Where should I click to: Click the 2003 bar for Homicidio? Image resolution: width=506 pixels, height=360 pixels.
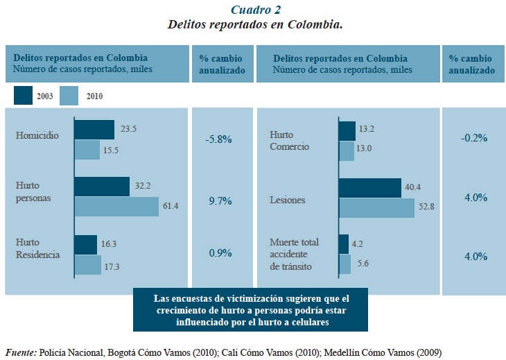(x=94, y=130)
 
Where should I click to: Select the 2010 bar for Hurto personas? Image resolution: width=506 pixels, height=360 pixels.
(x=116, y=207)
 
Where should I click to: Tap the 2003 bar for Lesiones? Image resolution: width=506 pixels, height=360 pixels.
(x=369, y=188)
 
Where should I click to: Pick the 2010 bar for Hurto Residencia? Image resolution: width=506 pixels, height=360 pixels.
(x=88, y=265)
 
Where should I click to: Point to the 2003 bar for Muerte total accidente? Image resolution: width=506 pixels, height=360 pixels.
(x=343, y=244)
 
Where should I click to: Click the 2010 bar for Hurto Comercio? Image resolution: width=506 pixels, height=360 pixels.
(x=346, y=151)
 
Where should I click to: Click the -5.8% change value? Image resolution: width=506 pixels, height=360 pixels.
(x=218, y=139)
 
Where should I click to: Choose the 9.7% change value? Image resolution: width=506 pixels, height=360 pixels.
(x=220, y=201)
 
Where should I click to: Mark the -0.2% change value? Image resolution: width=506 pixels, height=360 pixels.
(x=474, y=138)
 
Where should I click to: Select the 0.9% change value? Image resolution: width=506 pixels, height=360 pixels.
(x=220, y=253)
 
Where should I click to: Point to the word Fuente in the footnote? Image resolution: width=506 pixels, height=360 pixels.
(x=21, y=352)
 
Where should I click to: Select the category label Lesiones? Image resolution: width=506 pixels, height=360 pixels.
(x=288, y=200)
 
